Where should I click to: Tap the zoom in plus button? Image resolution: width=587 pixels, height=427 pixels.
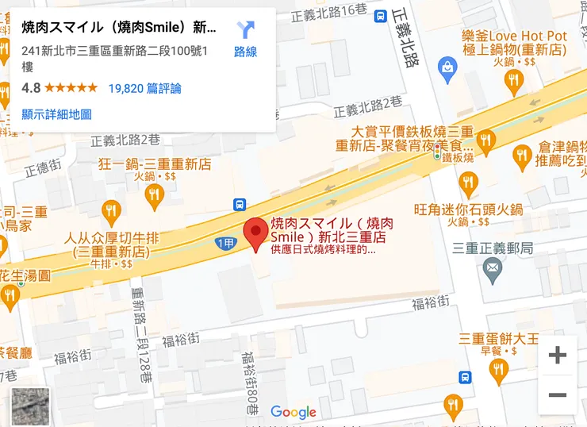[x=558, y=355]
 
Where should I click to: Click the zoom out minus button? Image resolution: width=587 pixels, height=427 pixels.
[x=558, y=394]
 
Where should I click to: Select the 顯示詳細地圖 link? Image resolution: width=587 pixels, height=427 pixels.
[x=56, y=114]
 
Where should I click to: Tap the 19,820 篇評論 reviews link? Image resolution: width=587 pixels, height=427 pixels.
[x=144, y=88]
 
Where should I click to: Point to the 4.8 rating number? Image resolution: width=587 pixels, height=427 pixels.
[x=31, y=88]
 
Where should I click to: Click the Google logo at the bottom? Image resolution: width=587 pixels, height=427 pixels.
[x=293, y=412]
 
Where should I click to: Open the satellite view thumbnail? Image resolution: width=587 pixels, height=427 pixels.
[x=30, y=406]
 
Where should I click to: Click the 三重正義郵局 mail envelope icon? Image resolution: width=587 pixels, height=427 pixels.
[x=493, y=271]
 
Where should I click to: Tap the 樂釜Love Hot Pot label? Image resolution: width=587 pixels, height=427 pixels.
[x=514, y=37]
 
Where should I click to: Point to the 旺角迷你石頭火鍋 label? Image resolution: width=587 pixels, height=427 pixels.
[x=469, y=210]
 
